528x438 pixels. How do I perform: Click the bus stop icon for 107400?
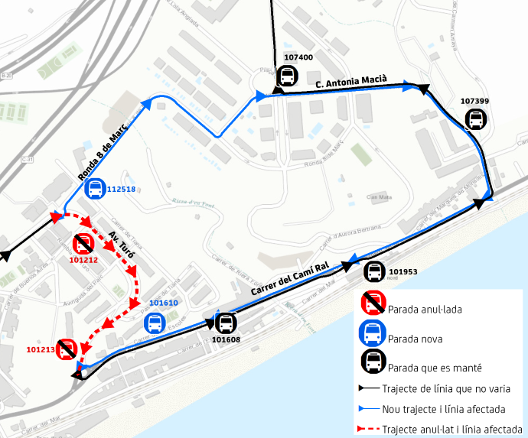click(287, 76)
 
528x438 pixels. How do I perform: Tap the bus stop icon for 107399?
click(475, 119)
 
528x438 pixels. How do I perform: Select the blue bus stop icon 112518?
click(95, 188)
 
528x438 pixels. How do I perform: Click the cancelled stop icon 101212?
click(83, 244)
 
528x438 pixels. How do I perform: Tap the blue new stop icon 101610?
click(155, 323)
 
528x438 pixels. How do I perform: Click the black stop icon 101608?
click(225, 323)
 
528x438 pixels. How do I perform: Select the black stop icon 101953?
click(374, 271)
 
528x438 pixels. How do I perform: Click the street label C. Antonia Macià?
click(351, 79)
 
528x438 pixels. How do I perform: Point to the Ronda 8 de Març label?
click(102, 154)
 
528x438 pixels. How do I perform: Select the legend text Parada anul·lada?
click(425, 310)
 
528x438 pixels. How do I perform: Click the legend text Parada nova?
click(415, 338)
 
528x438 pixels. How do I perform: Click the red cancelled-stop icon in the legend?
click(373, 303)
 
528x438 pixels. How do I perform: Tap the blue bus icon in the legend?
click(373, 333)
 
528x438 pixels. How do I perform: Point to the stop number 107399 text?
click(474, 101)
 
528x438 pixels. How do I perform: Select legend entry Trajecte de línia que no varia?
click(446, 389)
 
